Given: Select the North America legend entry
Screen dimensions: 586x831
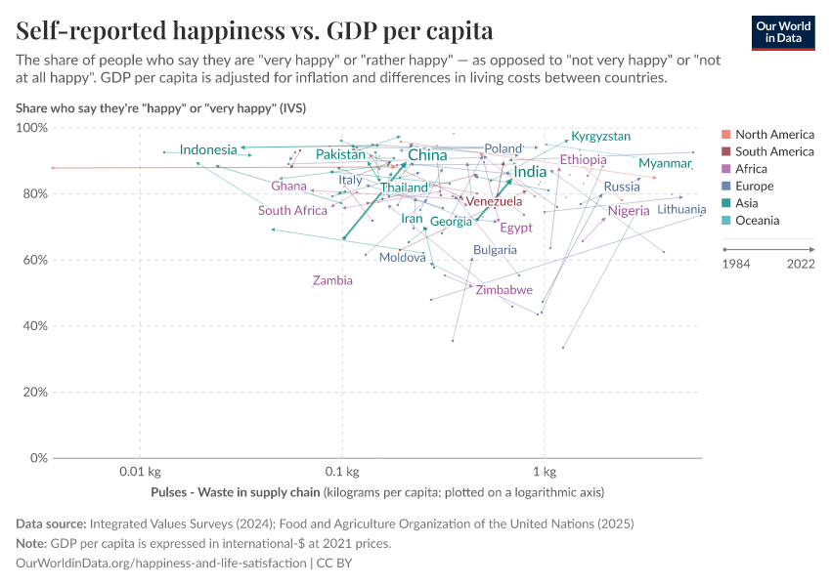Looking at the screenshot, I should [774, 134].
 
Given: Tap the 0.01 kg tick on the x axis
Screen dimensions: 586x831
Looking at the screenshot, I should [140, 472].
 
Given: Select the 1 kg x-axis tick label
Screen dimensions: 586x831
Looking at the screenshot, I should [544, 472].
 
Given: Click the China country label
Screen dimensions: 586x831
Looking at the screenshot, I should [427, 155].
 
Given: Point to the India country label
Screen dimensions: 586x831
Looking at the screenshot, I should [530, 172].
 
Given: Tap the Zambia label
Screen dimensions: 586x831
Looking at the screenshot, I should [332, 280].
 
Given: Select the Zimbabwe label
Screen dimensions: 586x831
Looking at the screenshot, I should [504, 290].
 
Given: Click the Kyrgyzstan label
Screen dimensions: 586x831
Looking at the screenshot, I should [601, 137].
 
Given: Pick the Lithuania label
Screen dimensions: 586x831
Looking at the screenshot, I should [681, 210].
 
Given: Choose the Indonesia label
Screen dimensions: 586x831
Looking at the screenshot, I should [208, 149].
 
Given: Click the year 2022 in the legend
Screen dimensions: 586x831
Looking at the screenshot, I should [801, 264].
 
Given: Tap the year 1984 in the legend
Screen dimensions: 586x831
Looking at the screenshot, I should [735, 264].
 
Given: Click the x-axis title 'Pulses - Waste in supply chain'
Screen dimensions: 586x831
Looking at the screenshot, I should [237, 491].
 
